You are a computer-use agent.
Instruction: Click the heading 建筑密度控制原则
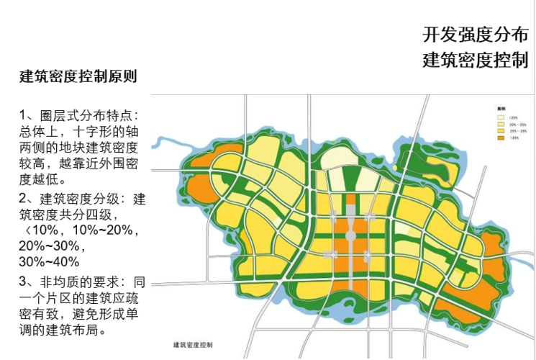pyautogui.click(x=78, y=76)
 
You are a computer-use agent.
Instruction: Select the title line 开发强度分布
pyautogui.click(x=475, y=34)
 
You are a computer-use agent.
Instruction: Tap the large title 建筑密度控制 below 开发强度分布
pyautogui.click(x=475, y=60)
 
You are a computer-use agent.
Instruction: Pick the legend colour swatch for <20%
pyautogui.click(x=500, y=117)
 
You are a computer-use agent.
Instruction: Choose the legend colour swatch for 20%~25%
pyautogui.click(x=500, y=124)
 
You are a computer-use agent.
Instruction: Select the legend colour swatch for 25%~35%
pyautogui.click(x=500, y=131)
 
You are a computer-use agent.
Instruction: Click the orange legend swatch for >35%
pyautogui.click(x=500, y=138)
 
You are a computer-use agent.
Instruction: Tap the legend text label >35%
pyautogui.click(x=514, y=138)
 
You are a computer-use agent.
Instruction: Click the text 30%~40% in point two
pyautogui.click(x=49, y=261)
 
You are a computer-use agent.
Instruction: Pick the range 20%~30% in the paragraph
pyautogui.click(x=49, y=246)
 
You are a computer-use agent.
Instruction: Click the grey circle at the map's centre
pyautogui.click(x=350, y=235)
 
